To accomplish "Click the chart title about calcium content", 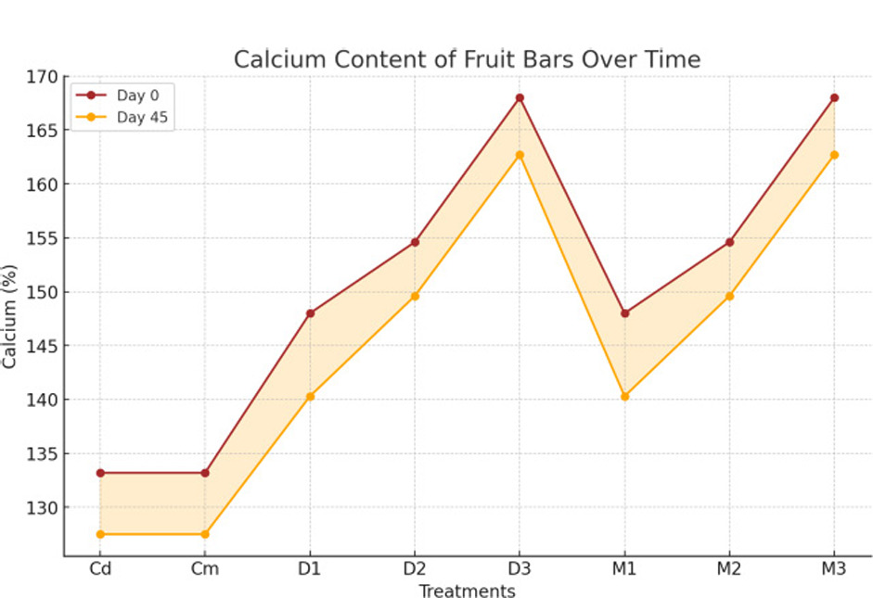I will [x=467, y=59].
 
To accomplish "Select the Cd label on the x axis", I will [x=100, y=569].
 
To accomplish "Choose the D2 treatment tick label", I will [x=415, y=569].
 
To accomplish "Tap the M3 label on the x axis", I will [x=834, y=569].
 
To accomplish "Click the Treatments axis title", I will [x=467, y=591].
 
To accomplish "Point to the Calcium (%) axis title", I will [x=10, y=316].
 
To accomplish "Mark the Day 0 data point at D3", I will [x=520, y=97].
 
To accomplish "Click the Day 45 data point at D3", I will [x=520, y=155].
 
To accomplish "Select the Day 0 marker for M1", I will [x=624, y=313].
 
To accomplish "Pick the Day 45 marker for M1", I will [x=624, y=396].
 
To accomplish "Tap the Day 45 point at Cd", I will [x=100, y=534].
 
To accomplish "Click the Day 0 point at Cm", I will [x=205, y=473].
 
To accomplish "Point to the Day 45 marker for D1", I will [x=310, y=396].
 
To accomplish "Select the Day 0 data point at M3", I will [x=834, y=97].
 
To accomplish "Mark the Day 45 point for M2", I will [x=729, y=296].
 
